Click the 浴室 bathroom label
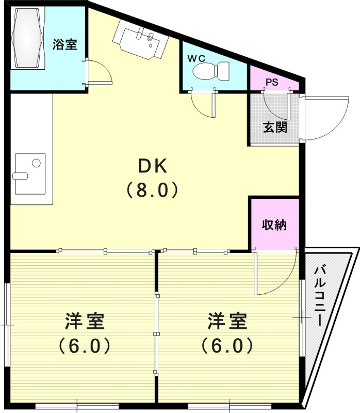(65, 45)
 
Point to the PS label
(272, 82)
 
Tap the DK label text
(152, 166)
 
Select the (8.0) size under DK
(152, 190)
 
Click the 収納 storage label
(274, 226)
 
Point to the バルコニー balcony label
(319, 294)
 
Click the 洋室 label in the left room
(85, 321)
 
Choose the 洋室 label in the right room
(227, 321)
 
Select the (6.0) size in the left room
(85, 345)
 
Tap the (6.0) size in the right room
(227, 345)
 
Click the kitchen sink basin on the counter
(28, 168)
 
